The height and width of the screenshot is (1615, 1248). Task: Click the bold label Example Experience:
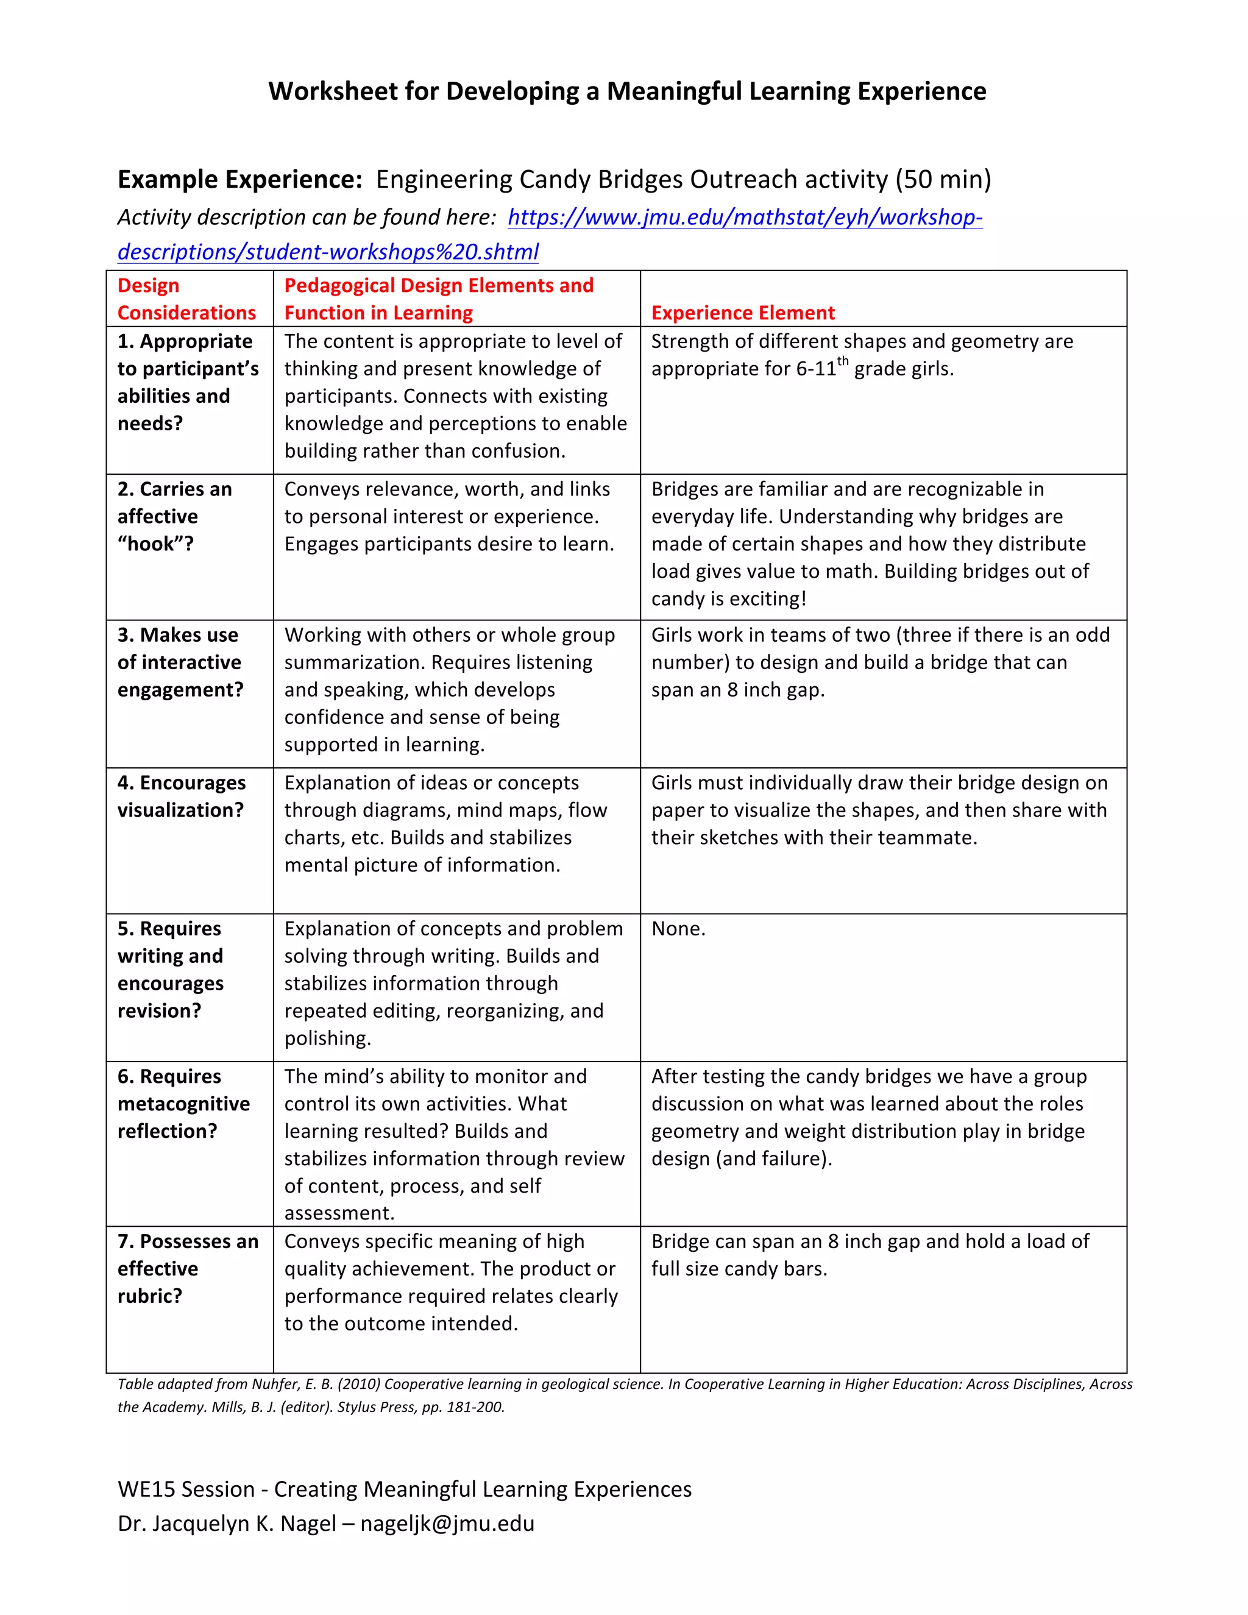coord(239,180)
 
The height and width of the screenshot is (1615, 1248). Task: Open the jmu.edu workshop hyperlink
coord(745,218)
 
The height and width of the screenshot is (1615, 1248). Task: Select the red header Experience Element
coord(742,313)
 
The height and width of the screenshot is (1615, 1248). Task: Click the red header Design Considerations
coord(186,299)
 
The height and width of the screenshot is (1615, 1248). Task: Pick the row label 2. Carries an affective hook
coord(174,516)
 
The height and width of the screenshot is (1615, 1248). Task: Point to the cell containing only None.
coord(678,929)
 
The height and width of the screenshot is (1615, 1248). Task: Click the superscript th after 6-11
coord(842,361)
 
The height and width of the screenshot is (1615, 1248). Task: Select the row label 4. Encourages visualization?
coord(181,797)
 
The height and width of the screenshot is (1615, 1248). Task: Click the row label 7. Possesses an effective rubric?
coord(188,1268)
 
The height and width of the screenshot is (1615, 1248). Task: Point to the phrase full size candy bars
coord(739,1269)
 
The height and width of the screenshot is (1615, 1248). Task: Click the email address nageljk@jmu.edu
coord(447,1524)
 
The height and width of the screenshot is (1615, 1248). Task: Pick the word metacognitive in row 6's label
coord(183,1104)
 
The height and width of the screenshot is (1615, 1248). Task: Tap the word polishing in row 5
coord(326,1038)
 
